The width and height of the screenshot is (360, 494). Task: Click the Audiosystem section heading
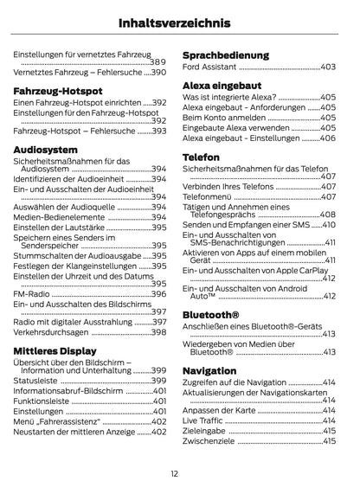pos(45,150)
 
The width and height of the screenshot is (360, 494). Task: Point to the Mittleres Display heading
pos(55,350)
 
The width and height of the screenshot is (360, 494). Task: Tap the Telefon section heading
pos(201,157)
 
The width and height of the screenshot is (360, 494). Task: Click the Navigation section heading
pos(209,371)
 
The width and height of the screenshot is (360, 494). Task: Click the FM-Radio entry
pos(31,294)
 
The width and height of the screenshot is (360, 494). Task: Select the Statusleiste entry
pos(35,380)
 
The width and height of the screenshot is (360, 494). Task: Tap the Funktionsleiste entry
pos(40,401)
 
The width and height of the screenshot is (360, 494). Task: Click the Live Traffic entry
pos(203,420)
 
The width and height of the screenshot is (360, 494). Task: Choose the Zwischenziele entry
pos(209,440)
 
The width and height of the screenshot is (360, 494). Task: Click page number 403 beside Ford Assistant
pos(328,67)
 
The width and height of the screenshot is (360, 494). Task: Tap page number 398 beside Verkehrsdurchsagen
pos(158,331)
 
